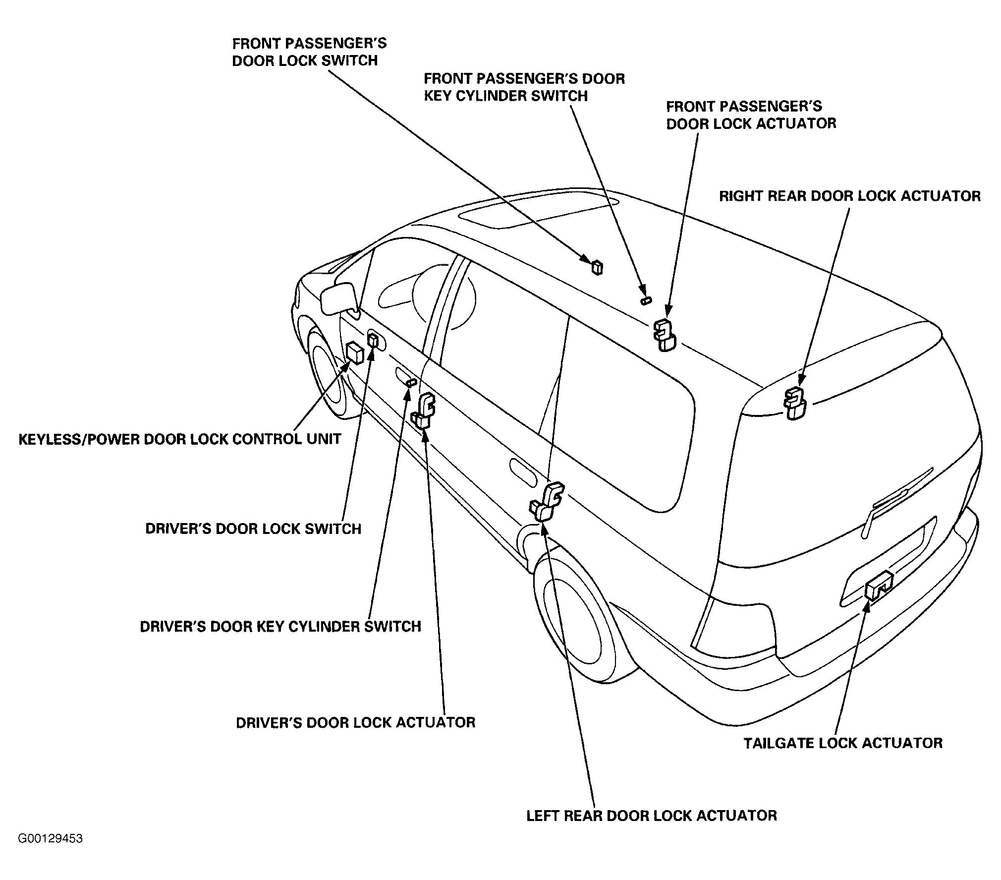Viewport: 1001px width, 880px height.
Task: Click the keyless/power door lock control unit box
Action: (354, 352)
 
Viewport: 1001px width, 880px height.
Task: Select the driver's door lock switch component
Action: (373, 341)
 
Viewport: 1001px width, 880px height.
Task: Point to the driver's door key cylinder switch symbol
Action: (411, 382)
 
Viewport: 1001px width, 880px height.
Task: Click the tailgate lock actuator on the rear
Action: (878, 586)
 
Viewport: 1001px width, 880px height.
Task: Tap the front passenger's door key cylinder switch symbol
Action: (646, 300)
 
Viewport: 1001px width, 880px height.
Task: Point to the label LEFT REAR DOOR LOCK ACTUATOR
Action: (652, 816)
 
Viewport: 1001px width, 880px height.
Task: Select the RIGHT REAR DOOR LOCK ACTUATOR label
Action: (850, 196)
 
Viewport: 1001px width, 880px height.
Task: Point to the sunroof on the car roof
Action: (538, 214)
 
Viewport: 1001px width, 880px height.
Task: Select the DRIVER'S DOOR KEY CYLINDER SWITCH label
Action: (280, 626)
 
